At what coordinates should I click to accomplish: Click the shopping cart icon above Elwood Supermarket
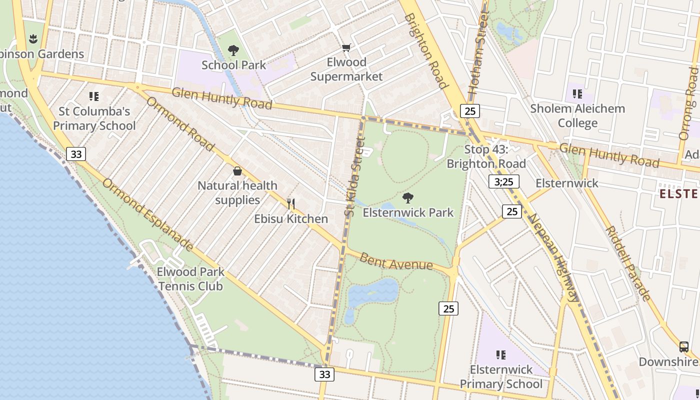tap(346, 48)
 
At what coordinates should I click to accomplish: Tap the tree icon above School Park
tap(233, 50)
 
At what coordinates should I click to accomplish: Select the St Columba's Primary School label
tap(94, 118)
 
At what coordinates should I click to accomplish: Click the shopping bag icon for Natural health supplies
tap(237, 171)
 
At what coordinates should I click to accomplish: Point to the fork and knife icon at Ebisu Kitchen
tap(291, 203)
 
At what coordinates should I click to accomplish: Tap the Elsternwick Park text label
tap(408, 212)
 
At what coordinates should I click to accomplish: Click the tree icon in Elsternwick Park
tap(408, 198)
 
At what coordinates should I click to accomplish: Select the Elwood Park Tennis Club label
tap(190, 279)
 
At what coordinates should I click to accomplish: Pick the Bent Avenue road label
tap(396, 261)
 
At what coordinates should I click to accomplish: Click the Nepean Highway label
tap(554, 257)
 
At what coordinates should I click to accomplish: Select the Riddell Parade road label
tap(628, 263)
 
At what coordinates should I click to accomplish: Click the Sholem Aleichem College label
tap(577, 115)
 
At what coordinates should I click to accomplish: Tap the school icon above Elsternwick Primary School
tap(500, 355)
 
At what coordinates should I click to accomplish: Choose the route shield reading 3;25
tap(503, 181)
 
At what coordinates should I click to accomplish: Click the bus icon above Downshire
tap(683, 346)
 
